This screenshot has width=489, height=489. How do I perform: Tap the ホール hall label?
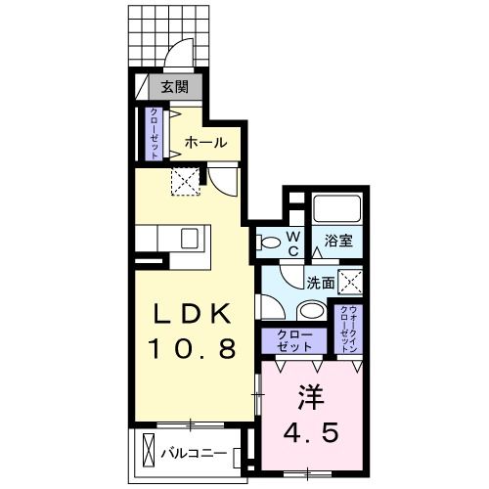pos(206,144)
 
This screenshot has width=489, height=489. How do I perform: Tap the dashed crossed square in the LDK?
pos(185,179)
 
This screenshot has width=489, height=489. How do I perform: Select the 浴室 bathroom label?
pos(338,241)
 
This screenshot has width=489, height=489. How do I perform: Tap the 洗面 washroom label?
pos(320,283)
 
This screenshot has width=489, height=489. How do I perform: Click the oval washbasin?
pos(311,312)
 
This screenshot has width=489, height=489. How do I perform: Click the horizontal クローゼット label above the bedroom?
pos(290,341)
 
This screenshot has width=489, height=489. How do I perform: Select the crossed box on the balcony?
pos(148,452)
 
